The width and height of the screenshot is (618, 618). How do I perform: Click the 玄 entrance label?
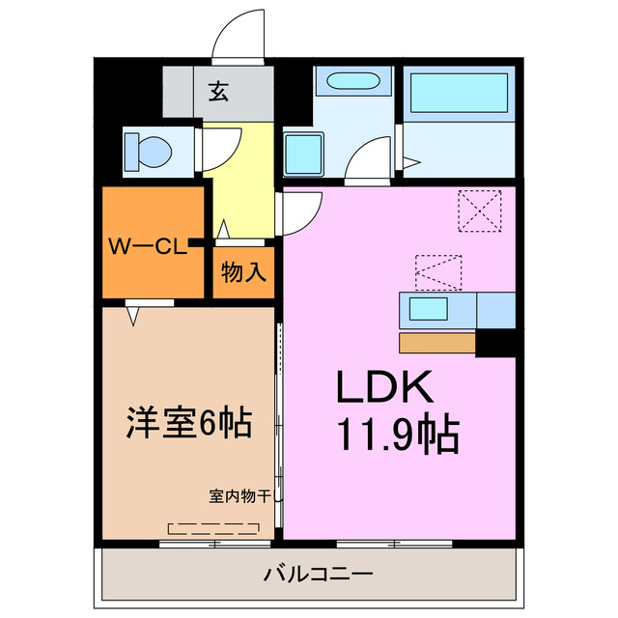[x=219, y=93]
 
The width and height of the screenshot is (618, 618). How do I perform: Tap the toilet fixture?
[x=150, y=151]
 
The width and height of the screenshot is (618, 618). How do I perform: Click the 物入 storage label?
[x=243, y=272]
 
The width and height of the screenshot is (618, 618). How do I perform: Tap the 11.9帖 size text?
[x=397, y=436]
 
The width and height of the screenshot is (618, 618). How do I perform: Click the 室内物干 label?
[x=242, y=498]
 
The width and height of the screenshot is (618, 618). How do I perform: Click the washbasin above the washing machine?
[x=352, y=85]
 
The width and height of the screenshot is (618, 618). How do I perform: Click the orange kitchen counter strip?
[x=436, y=343]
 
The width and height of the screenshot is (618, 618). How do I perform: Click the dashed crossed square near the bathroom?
[x=481, y=210]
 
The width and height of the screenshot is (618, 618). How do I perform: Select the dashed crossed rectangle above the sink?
[x=437, y=271]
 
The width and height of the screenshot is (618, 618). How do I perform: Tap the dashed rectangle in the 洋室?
[x=213, y=529]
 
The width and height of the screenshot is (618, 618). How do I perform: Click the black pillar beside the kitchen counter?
[x=497, y=343]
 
